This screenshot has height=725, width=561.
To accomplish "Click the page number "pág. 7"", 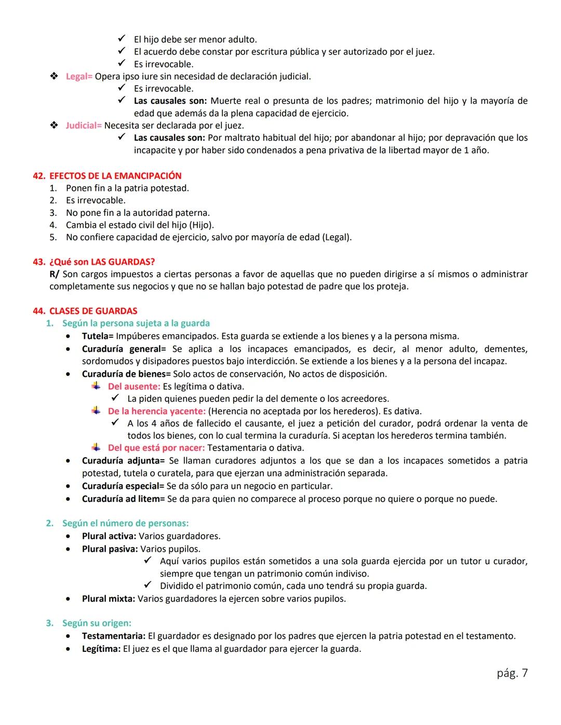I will click(512, 673).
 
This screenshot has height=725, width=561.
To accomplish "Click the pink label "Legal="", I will click(79, 76).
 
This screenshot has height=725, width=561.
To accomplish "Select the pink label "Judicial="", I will click(84, 126).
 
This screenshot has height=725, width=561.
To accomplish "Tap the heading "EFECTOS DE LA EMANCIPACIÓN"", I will click(115, 176).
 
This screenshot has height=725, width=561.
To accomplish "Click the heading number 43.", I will click(39, 262).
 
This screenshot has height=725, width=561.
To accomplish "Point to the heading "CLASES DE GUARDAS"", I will click(94, 311).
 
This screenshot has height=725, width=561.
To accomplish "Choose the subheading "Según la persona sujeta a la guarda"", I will click(136, 323).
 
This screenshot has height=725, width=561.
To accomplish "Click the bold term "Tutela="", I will click(98, 336).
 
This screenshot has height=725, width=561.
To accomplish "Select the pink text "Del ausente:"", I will click(134, 387).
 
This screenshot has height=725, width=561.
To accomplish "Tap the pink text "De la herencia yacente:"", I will click(157, 411).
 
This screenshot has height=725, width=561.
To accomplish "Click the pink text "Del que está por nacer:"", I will click(156, 448).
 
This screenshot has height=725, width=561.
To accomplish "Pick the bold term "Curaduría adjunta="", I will click(123, 461).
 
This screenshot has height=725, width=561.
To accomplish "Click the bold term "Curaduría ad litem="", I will click(123, 499).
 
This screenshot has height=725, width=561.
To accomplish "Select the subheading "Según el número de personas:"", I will click(125, 523).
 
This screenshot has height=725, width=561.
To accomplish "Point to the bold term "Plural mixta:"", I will click(109, 599).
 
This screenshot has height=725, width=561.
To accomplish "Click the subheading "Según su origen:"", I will click(97, 623).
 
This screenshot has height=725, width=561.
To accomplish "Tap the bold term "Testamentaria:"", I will click(114, 636).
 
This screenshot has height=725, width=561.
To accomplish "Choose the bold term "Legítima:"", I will click(101, 649).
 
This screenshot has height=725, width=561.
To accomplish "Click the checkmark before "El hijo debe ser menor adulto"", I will click(122, 39).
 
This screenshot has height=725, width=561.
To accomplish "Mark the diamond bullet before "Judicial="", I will click(54, 126).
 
